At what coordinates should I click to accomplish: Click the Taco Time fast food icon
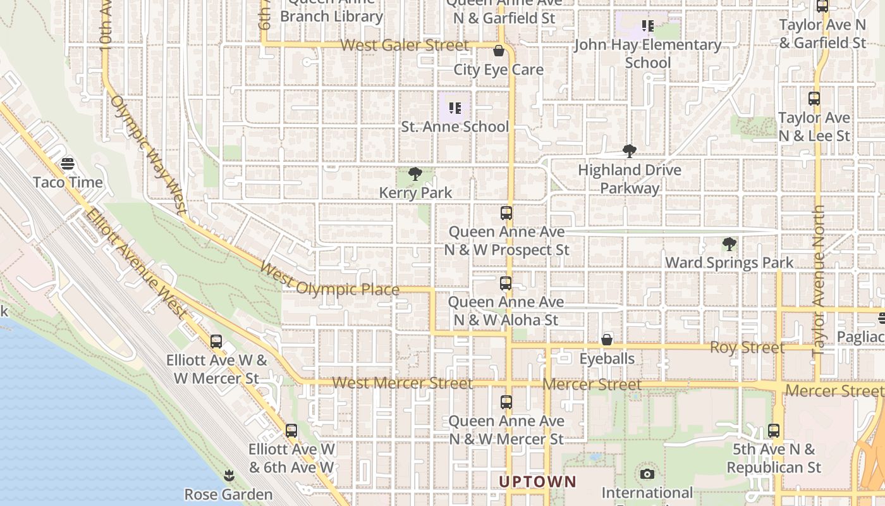[68, 164]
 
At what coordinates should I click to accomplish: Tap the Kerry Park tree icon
[415, 174]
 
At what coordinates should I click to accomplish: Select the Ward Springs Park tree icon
[729, 244]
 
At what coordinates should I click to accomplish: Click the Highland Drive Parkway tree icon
[629, 151]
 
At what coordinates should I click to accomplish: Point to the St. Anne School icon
[455, 108]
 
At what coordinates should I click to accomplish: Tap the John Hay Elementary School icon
[647, 26]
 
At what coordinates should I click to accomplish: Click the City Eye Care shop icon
[498, 51]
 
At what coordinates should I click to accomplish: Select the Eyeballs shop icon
[607, 340]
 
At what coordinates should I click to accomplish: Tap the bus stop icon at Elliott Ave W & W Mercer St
[216, 342]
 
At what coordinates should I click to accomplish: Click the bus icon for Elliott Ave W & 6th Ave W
[291, 431]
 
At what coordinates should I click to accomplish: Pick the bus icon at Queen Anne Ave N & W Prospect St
[506, 213]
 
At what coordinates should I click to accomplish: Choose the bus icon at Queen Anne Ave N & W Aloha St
[506, 283]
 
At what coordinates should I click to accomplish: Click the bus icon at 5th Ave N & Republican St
[774, 431]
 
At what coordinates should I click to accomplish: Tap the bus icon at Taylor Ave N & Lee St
[814, 99]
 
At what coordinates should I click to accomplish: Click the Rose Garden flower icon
[229, 475]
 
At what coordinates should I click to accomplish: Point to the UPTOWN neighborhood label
[537, 481]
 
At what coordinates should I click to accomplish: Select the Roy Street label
[747, 347]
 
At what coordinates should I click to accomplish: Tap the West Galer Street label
[405, 46]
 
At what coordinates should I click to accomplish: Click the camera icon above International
[647, 474]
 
